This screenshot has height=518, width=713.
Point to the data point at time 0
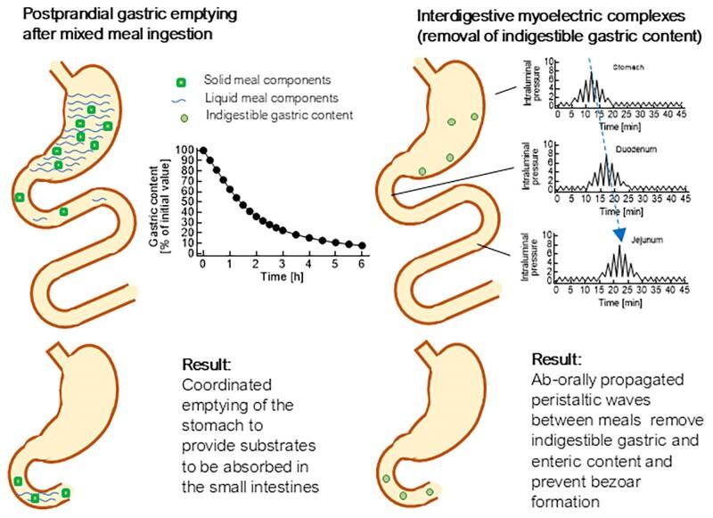pyautogui.click(x=203, y=151)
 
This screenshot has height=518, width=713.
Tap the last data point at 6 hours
pyautogui.click(x=362, y=245)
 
